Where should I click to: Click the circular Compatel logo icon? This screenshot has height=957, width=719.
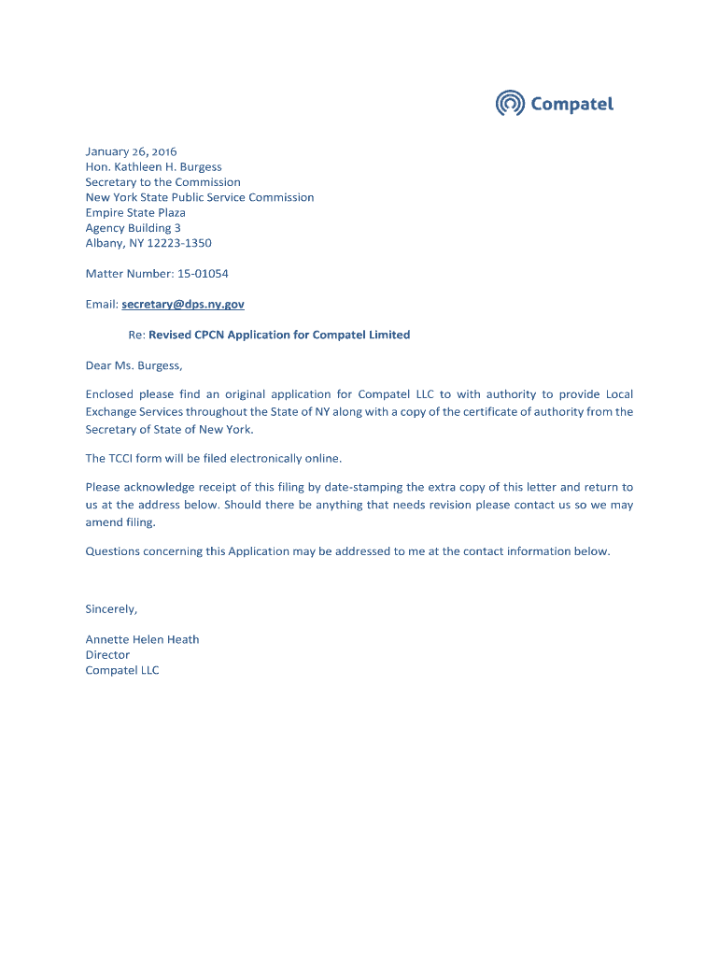coord(510,103)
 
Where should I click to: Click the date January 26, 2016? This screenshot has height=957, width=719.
coord(131,151)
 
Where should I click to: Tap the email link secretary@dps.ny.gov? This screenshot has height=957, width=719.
coord(183,304)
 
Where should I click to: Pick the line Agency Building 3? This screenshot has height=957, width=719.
coord(133,228)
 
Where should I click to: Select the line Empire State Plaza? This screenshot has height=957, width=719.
coord(135,213)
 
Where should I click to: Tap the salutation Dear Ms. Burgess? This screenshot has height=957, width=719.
coord(134,365)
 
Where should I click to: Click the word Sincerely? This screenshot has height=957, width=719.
coord(111,608)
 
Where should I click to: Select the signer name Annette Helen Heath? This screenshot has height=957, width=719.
coord(142,639)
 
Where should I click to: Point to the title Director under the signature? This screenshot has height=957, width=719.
coord(107,655)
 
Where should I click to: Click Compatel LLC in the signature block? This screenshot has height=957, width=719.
coord(122,670)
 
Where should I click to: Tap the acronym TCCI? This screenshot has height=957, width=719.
coord(122,458)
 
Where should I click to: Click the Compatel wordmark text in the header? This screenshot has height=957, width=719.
coord(571,104)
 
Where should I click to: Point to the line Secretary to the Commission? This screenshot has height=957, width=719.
coord(162,182)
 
